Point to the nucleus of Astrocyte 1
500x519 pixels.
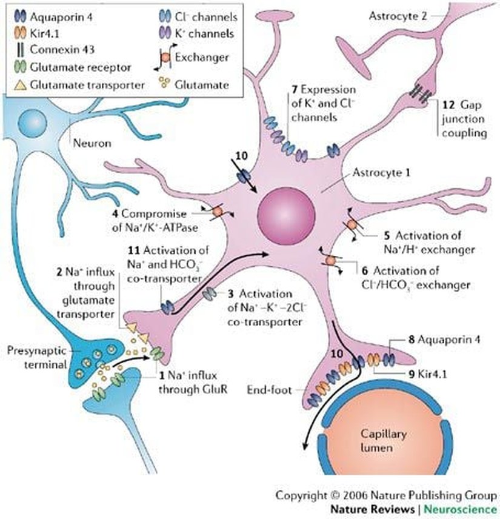click(x=287, y=216)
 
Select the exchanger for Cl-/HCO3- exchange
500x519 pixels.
click(x=331, y=261)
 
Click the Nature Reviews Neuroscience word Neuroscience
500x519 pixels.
click(x=471, y=508)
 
